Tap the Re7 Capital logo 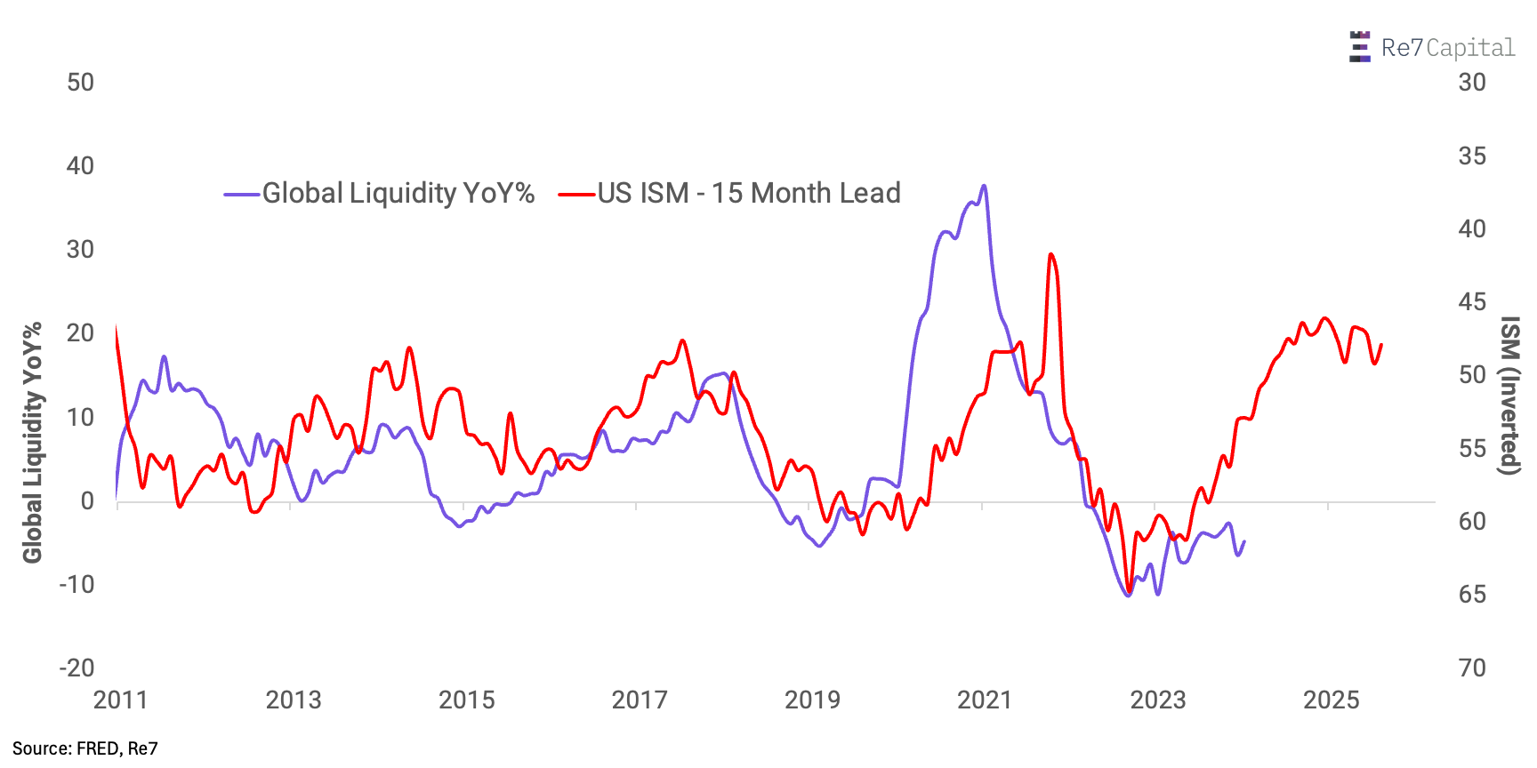[x=1432, y=47]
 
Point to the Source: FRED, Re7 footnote [x=85, y=748]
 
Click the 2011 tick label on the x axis [x=120, y=700]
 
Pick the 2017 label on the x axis [x=639, y=700]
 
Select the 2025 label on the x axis [x=1331, y=700]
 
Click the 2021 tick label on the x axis [x=985, y=700]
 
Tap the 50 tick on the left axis [x=80, y=83]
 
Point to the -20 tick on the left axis [x=76, y=668]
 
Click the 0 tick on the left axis [x=87, y=501]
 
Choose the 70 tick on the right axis [x=1472, y=668]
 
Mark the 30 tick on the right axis [x=1472, y=83]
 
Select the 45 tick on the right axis [x=1472, y=302]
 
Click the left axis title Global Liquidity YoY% [x=33, y=442]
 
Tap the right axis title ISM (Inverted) [x=1509, y=396]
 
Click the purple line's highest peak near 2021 [x=983, y=186]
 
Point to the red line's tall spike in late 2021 [x=1051, y=254]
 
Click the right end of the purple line [x=1243, y=541]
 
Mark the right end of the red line [x=1381, y=345]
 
